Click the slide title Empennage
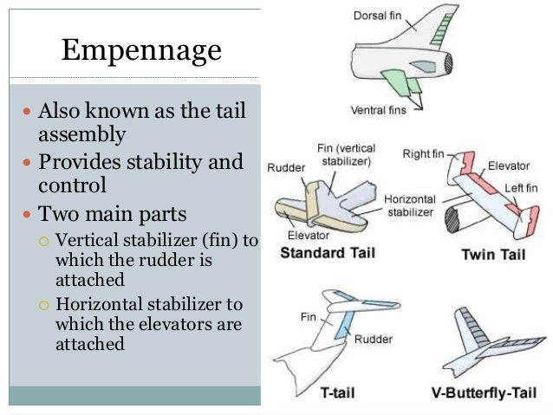(141, 52)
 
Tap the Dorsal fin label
(378, 15)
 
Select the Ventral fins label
(387, 111)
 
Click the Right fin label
(424, 154)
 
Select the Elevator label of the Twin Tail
(509, 165)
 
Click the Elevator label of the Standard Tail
(307, 235)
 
